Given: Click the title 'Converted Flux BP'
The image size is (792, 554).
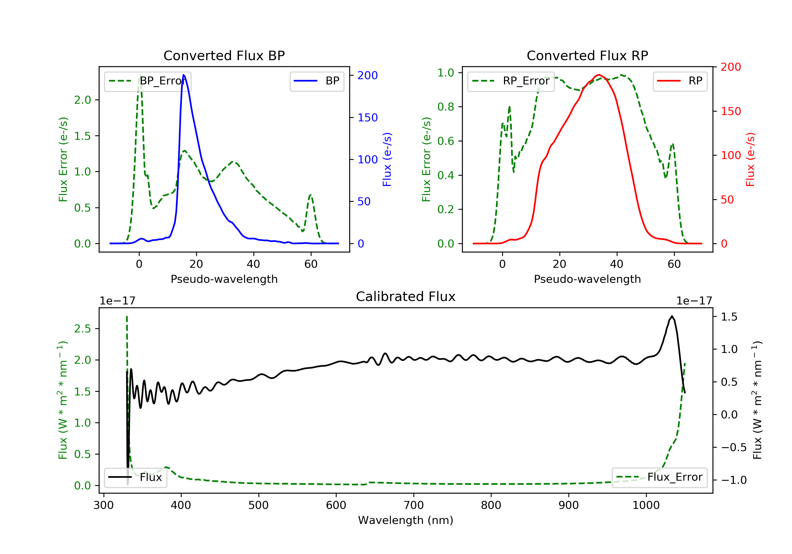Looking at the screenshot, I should point(224,55).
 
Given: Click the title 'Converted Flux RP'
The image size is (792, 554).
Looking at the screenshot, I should point(587,55).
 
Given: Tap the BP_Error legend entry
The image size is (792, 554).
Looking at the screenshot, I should point(148,81).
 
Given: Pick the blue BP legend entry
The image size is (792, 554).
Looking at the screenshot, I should point(317,81).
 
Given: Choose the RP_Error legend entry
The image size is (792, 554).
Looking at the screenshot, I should point(511,81).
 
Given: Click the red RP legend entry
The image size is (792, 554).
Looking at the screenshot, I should point(680,81).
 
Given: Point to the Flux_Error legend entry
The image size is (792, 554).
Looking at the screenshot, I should point(659,477).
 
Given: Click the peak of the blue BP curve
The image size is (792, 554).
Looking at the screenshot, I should point(183,75).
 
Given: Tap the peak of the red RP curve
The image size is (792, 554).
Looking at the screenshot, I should point(598,75).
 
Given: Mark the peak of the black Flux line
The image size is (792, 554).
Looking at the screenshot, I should point(672,316).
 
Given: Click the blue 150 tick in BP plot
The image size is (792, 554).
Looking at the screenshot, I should point(367,118).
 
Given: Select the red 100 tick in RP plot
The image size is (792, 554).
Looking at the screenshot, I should point(730,155).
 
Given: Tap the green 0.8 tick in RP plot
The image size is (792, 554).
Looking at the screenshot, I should point(446,107).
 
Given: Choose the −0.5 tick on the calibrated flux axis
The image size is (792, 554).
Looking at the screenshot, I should point(733,447).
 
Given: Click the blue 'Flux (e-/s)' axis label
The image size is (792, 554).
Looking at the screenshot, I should point(387,159).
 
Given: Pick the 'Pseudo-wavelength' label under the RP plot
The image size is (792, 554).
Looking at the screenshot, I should point(587,279).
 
